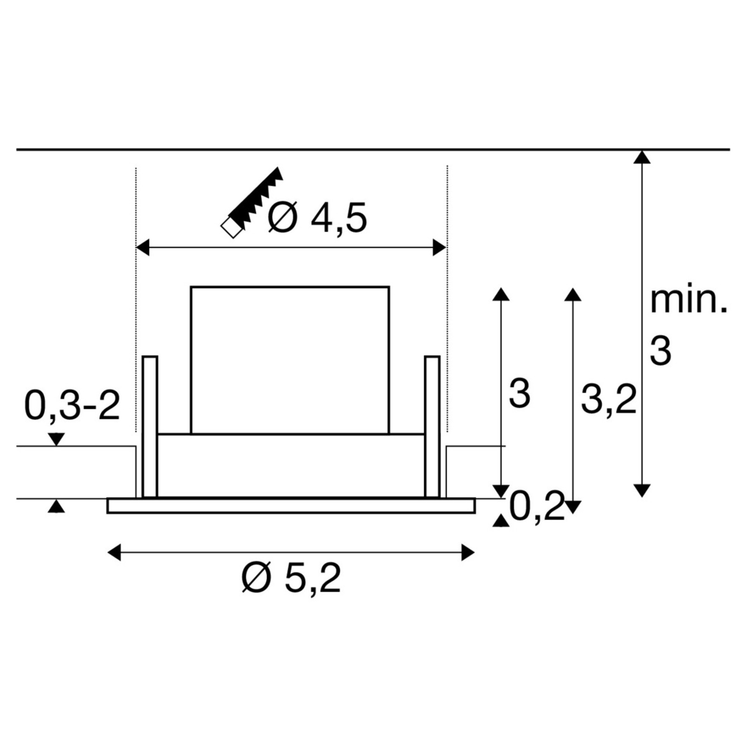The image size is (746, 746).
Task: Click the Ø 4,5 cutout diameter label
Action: tap(317, 218)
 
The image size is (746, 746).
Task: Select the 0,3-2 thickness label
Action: tap(72, 406)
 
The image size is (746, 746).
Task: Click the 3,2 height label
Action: tap(608, 399)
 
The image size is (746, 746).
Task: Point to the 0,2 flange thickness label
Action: tap(537, 507)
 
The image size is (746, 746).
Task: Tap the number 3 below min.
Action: tap(661, 352)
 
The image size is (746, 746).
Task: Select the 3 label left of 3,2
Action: tap(519, 394)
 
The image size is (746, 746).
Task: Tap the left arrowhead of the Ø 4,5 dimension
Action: tap(143, 248)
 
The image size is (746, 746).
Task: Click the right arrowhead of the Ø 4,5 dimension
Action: tap(439, 248)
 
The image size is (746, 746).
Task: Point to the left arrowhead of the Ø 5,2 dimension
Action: tap(114, 552)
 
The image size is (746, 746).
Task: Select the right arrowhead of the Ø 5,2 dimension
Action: tap(468, 552)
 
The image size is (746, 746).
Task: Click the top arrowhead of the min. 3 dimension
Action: tap(642, 157)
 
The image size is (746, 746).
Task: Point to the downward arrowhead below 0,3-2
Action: tap(56, 439)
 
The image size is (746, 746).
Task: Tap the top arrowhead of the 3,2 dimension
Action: tap(573, 295)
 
